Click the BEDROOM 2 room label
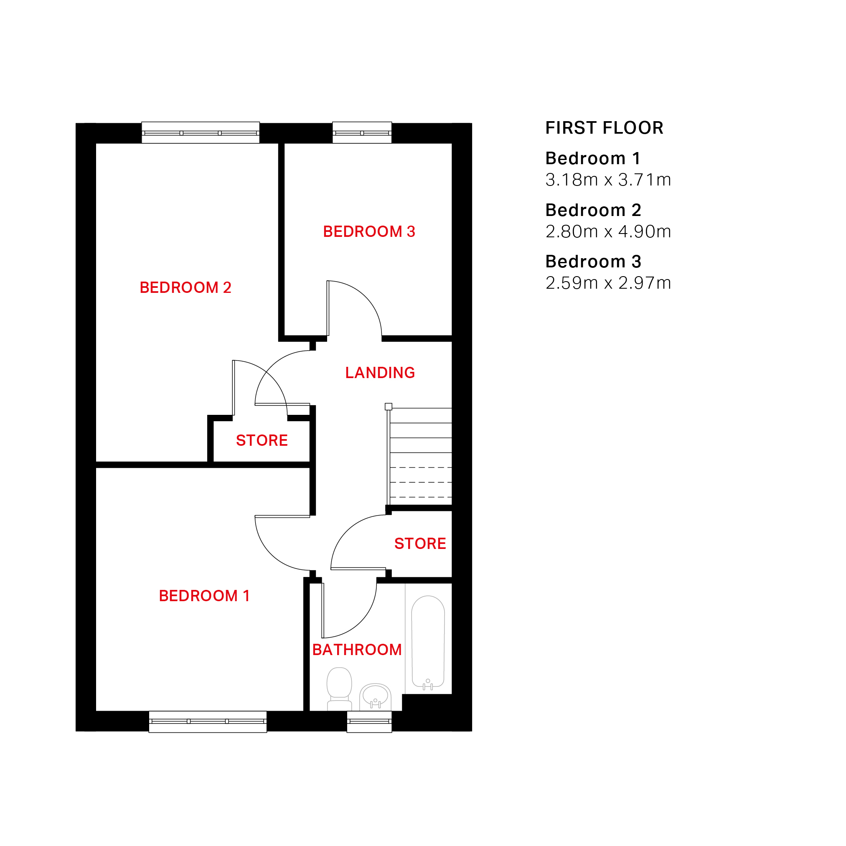click(x=185, y=288)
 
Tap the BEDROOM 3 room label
click(x=369, y=231)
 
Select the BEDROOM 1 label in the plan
click(x=204, y=596)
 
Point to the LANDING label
click(x=380, y=373)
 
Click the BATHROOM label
click(x=357, y=650)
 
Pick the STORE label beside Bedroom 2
click(x=262, y=440)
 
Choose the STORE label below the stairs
click(x=420, y=544)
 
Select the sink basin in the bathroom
click(x=375, y=697)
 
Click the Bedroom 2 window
click(x=201, y=133)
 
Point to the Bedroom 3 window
click(x=362, y=133)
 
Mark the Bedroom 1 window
click(x=208, y=722)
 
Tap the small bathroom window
click(x=370, y=722)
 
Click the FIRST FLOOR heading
click(x=604, y=128)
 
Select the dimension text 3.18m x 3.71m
click(x=608, y=180)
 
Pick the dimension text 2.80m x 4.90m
click(x=608, y=231)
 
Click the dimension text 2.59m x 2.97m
click(x=608, y=283)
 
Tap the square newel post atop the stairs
click(x=389, y=407)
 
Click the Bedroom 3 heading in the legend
click(x=593, y=262)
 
